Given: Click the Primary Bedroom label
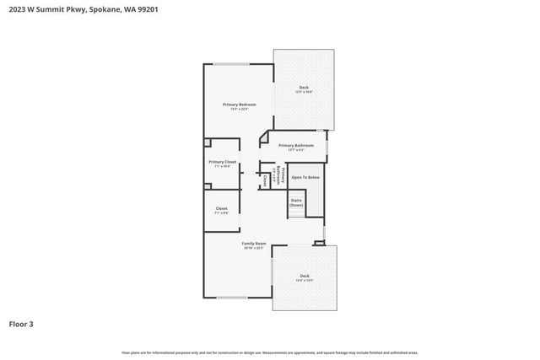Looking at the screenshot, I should point(239,104).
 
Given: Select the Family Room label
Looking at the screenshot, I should point(254,243).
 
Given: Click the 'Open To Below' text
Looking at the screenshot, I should point(305,177).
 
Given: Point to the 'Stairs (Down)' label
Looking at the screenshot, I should point(296,202).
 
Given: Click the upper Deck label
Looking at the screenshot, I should point(303,88).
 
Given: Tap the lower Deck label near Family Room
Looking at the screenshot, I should point(304,275).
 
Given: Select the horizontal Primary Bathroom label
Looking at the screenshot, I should point(296,145).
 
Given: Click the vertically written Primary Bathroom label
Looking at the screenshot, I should point(273,176).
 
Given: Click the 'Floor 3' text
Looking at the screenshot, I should point(21,324).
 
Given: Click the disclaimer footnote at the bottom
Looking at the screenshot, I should point(269,352).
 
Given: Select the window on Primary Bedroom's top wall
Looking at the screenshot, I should point(230,64).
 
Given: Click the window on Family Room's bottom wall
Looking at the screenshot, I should point(233,298).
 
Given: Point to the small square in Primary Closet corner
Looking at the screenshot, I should point(208,143).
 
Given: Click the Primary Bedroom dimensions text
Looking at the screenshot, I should point(239,109).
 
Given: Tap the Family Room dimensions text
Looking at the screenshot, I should point(254,248).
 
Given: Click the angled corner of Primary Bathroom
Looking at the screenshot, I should point(263,135).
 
